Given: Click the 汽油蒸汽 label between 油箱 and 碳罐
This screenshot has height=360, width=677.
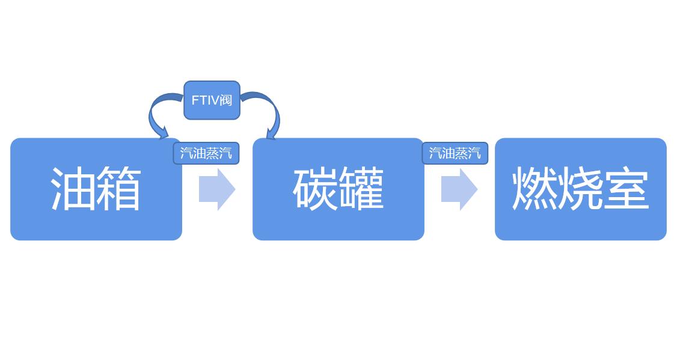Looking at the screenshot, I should (x=206, y=153).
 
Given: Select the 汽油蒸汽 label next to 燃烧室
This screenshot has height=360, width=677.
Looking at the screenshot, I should (x=455, y=153).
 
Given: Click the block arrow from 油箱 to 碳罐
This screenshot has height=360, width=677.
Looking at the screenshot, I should (x=217, y=189).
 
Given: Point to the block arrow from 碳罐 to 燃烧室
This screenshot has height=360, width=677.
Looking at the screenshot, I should (x=459, y=189).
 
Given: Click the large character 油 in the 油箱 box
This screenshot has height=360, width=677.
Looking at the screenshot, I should (x=73, y=189).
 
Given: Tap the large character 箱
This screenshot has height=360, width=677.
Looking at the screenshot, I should (x=118, y=189).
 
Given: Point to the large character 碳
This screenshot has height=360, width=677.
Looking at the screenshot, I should (x=315, y=189).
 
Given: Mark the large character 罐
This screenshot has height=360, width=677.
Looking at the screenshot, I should (x=361, y=189).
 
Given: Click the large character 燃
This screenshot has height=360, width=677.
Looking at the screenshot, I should (x=535, y=189).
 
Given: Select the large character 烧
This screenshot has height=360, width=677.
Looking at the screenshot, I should (x=580, y=189).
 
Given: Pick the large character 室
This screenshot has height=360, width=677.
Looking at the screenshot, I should (x=626, y=189).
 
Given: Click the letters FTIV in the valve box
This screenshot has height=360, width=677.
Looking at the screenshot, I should (x=204, y=100).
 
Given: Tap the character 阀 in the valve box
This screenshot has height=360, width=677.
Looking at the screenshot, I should (x=226, y=100).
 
